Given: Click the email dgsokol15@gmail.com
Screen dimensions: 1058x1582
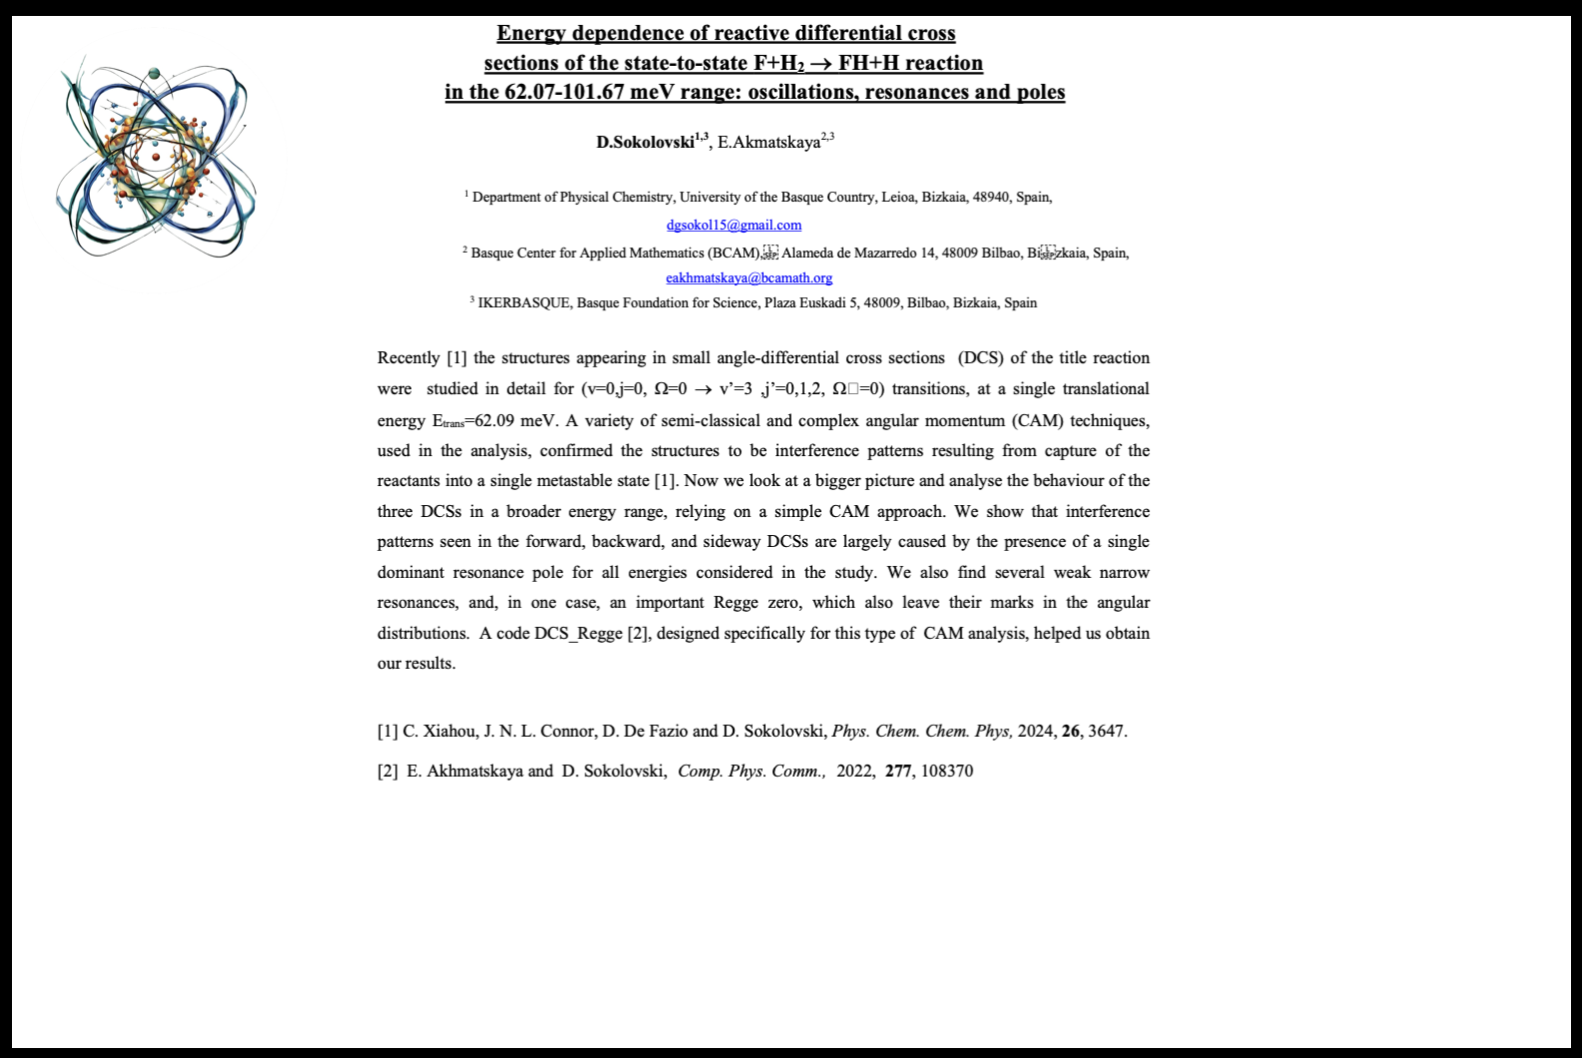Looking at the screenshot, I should [734, 225].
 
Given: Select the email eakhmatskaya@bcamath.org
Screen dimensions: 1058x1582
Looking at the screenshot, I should [749, 277].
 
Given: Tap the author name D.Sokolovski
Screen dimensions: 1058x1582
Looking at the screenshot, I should [645, 142].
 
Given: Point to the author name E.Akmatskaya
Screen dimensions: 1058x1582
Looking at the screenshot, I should [769, 142].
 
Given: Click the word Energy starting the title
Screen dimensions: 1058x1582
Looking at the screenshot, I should [531, 33].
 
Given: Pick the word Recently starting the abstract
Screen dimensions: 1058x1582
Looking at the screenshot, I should [408, 357].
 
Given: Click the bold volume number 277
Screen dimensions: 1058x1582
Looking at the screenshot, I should [898, 771].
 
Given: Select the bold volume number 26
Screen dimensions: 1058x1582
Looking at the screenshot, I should [1071, 731].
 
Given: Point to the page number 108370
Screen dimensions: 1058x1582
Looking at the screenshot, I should [947, 771].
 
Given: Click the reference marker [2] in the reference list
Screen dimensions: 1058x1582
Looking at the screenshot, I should [388, 771].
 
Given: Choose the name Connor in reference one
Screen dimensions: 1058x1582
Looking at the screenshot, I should [567, 731].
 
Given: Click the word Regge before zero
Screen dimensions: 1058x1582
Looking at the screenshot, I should [736, 602].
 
